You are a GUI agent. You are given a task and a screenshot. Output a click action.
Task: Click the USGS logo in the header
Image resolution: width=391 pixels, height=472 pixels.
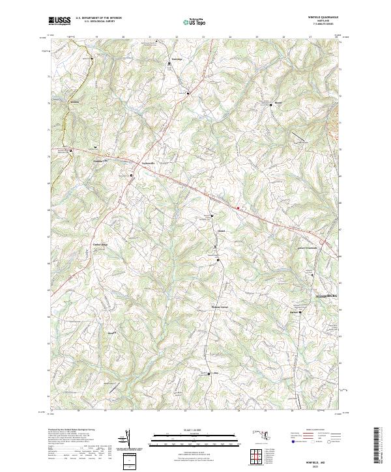tap(59, 21)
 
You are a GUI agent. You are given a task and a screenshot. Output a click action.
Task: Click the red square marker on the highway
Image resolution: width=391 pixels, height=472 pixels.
tap(239, 208)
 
